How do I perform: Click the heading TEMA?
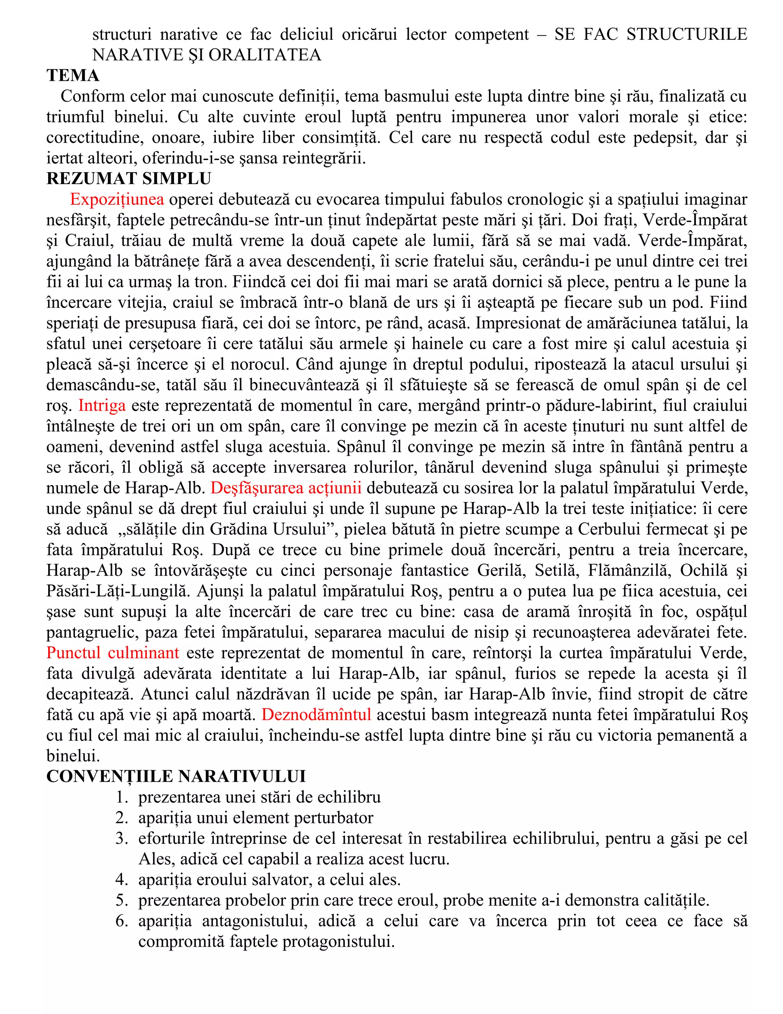73,76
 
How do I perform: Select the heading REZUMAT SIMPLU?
128,179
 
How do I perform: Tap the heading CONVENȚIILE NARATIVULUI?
176,776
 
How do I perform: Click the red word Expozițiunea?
117,199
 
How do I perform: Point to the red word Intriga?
102,405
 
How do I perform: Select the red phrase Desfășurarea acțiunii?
286,488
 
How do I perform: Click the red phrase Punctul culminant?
113,653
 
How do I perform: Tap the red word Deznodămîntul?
316,714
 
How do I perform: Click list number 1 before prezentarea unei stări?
122,797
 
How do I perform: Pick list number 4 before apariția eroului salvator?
122,880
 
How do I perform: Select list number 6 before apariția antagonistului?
122,921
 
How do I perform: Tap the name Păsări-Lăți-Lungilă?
118,591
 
